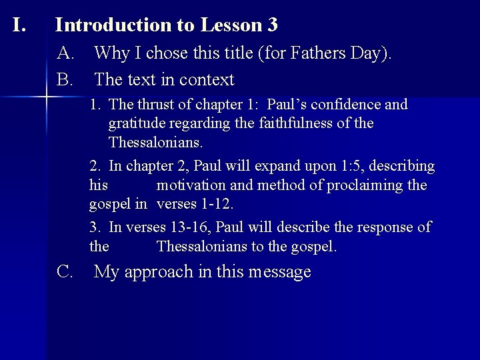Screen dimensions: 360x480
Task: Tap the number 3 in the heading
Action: click(x=272, y=25)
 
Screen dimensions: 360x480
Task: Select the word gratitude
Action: click(x=137, y=123)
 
